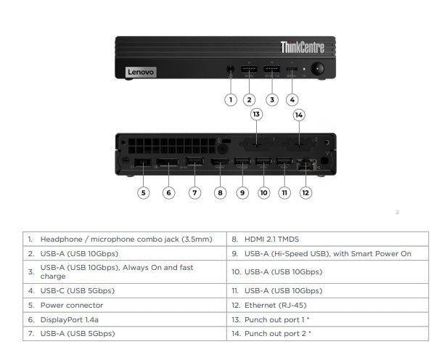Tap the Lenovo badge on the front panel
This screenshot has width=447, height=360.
coord(141,72)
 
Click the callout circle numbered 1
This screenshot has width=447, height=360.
coord(230,99)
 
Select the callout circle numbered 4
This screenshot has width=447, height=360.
coord(292,99)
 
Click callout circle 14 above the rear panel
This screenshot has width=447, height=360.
coord(299,115)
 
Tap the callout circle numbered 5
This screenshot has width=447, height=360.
coord(144,192)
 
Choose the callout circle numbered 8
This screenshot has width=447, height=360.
coord(221,192)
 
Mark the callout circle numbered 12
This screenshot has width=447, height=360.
coord(305,192)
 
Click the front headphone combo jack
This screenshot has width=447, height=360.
coord(230,71)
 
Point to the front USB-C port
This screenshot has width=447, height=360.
coord(292,71)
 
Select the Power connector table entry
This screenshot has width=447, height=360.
coord(71,306)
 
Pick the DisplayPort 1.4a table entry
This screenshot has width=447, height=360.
coord(73,319)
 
